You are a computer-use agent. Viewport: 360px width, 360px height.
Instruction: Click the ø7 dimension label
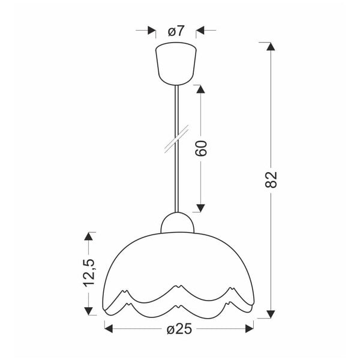(x=176, y=30)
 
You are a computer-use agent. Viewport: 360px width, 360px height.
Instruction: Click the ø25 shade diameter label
(x=178, y=329)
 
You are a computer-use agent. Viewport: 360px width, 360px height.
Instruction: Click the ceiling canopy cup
(x=176, y=62)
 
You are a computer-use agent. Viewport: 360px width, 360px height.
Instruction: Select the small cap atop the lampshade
(x=178, y=223)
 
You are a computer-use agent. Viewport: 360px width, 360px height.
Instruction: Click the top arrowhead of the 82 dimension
(x=271, y=47)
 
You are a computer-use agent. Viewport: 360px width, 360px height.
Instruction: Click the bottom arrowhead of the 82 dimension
(x=271, y=312)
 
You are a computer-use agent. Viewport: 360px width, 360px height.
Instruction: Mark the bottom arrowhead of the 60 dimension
(x=201, y=208)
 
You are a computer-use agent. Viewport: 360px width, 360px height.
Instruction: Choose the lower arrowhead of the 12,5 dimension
(x=89, y=310)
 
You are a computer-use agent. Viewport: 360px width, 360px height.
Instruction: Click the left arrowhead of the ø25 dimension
(x=110, y=328)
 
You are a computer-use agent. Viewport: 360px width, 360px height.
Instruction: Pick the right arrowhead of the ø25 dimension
(x=248, y=328)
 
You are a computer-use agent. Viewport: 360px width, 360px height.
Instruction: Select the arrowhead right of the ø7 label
(x=202, y=30)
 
